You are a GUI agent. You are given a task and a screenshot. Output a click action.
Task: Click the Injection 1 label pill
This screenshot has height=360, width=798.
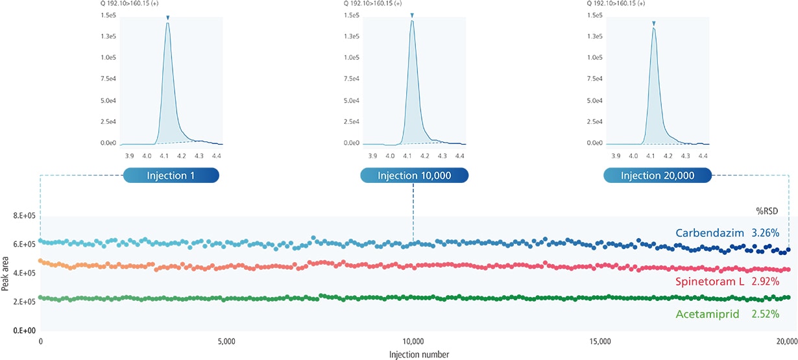171,176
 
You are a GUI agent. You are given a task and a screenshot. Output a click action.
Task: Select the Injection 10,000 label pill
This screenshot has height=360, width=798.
413,176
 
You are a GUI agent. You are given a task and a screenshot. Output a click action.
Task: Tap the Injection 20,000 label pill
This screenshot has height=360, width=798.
657,176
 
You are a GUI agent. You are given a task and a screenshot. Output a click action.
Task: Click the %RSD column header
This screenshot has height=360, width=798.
767,211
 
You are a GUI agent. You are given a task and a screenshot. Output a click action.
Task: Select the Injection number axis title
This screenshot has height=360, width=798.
419,354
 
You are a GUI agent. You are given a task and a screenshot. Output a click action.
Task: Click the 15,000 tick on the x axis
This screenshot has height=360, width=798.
600,341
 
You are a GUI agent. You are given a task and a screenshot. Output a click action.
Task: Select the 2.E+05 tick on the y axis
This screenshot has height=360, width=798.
25,302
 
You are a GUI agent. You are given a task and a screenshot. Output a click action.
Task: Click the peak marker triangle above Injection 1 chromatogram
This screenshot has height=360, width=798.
168,18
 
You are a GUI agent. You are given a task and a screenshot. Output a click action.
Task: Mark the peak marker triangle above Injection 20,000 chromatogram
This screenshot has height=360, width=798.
654,24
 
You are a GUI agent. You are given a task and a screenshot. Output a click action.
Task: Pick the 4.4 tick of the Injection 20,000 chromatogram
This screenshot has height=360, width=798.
703,156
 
